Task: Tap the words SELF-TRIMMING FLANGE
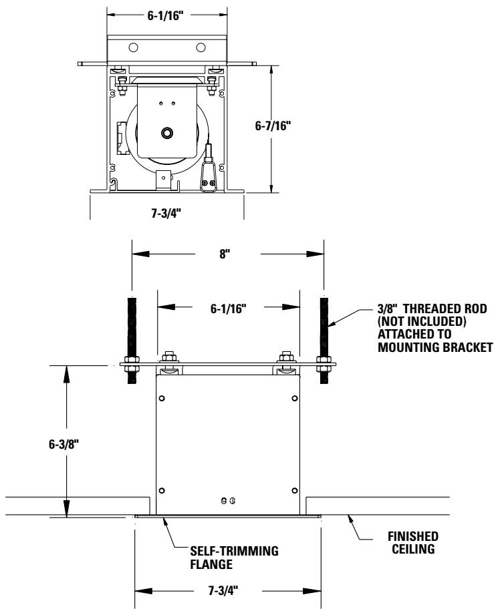[209, 556]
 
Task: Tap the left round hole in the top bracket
[134, 47]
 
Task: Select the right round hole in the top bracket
[201, 47]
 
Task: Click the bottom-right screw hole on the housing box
[295, 491]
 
